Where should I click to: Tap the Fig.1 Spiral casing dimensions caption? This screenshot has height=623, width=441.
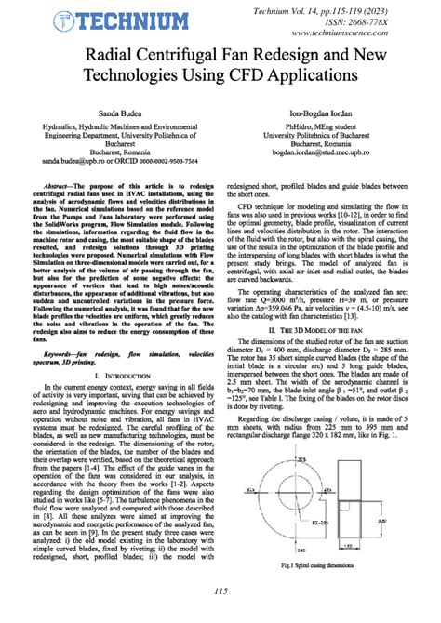pos(331,591)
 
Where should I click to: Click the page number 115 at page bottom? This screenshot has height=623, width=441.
pos(220,615)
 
